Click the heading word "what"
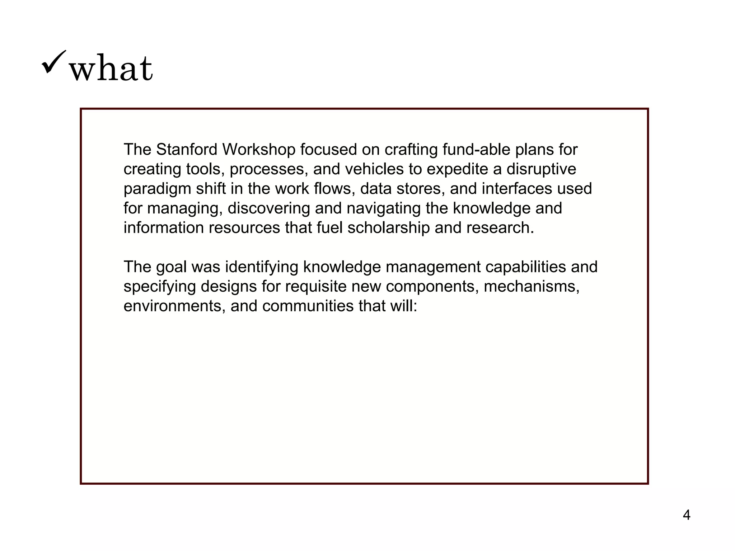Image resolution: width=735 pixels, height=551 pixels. click(111, 68)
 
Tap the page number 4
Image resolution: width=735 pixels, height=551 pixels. click(686, 515)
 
